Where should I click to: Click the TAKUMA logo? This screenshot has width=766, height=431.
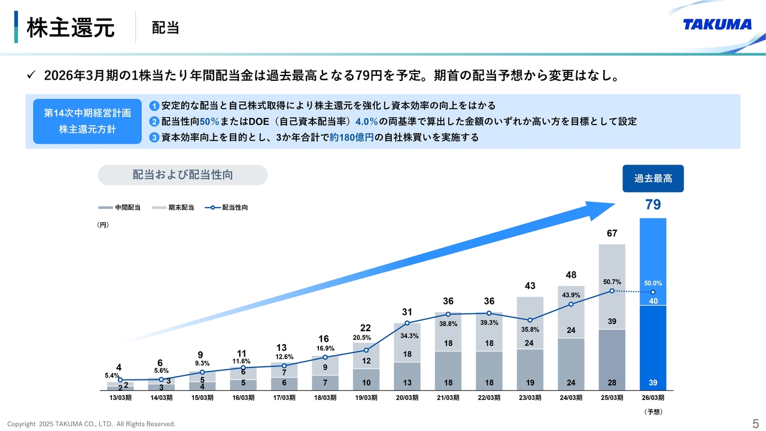pos(717,25)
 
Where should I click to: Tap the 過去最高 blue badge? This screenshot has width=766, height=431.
pos(653,178)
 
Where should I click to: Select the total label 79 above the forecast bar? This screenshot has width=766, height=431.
pos(653,205)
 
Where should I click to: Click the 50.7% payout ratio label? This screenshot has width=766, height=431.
pos(612,281)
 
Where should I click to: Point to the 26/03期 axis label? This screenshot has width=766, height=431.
pos(653,398)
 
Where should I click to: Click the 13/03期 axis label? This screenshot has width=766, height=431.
pos(120,398)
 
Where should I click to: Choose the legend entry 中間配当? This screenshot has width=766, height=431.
pos(120,208)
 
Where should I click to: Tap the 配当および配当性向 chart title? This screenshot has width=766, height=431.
pos(183,175)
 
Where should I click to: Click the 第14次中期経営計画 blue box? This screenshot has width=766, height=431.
pos(87,121)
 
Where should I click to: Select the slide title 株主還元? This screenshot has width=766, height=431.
pos(71,28)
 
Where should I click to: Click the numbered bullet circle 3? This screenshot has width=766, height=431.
pos(154,138)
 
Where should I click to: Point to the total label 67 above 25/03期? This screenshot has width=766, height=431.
pos(612,233)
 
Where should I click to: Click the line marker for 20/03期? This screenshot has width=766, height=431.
pos(407,325)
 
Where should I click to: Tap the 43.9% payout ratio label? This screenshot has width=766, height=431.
pos(571,295)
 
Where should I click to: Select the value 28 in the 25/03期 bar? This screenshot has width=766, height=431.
pos(612,383)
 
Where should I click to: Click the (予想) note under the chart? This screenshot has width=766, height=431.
pos(653,412)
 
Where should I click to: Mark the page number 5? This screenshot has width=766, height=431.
pos(755,423)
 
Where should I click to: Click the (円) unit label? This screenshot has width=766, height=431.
pos(102,225)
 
